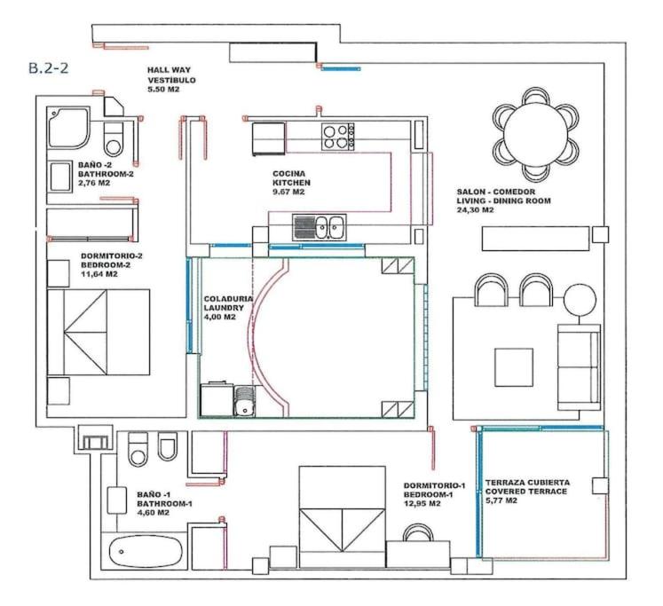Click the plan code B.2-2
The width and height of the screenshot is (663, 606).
(48, 68)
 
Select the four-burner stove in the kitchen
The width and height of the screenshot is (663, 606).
(337, 137)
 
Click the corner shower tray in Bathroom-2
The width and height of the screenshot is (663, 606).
(68, 128)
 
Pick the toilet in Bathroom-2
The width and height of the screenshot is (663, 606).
(114, 139)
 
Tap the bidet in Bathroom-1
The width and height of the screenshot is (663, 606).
(167, 446)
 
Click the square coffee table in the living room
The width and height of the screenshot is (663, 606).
(514, 367)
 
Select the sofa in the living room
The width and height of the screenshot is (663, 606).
(579, 367)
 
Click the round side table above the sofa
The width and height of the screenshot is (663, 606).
(580, 299)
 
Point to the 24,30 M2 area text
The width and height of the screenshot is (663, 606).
(475, 210)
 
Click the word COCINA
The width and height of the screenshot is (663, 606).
(288, 174)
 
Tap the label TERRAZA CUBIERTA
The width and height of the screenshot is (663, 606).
(527, 482)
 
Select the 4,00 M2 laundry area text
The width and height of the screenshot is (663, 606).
(219, 317)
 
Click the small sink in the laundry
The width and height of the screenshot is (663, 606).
(244, 401)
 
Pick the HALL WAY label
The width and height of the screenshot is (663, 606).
(169, 70)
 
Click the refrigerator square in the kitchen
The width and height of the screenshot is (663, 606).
(269, 138)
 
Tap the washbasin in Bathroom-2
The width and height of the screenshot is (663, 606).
(60, 177)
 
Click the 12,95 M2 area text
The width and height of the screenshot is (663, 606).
(422, 504)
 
